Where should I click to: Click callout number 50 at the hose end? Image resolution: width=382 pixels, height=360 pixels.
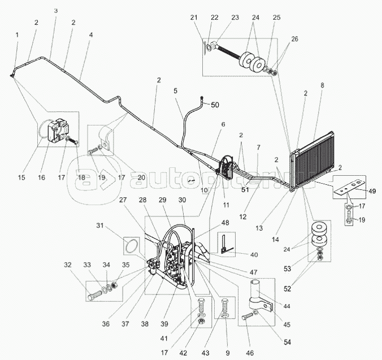pos(215,105)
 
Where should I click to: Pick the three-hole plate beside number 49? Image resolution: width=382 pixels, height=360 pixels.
pos(346,185)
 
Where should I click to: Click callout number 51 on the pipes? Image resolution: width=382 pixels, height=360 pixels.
pos(245,190)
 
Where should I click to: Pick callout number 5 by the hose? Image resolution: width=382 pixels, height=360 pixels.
pos(175,90)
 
